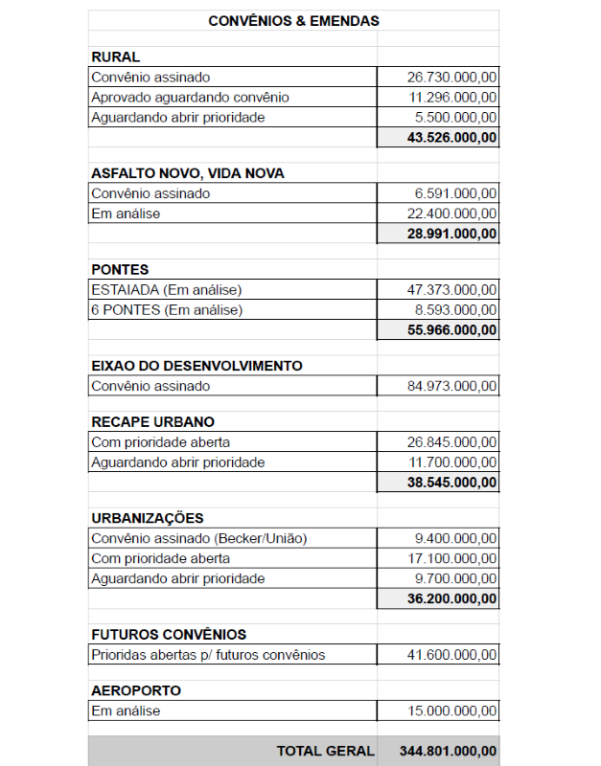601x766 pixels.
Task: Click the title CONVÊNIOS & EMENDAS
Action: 293,20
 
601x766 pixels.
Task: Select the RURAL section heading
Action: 115,57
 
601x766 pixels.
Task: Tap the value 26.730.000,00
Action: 451,78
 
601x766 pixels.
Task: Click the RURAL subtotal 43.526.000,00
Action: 451,138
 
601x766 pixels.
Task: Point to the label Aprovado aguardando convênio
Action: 190,98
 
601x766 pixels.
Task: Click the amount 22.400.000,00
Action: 451,214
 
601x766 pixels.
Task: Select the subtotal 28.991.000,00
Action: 451,234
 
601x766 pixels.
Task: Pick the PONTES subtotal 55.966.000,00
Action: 451,330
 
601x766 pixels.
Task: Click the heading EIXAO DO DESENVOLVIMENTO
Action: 196,366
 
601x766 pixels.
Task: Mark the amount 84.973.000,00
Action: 451,387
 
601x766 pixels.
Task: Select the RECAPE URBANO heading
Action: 152,422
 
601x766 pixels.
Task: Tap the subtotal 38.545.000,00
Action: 451,483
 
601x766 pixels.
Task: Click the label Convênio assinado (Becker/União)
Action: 199,538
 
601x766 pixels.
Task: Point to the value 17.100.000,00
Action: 451,558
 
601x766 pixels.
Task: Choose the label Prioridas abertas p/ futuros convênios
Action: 208,655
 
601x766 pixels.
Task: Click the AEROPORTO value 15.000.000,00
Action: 451,711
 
